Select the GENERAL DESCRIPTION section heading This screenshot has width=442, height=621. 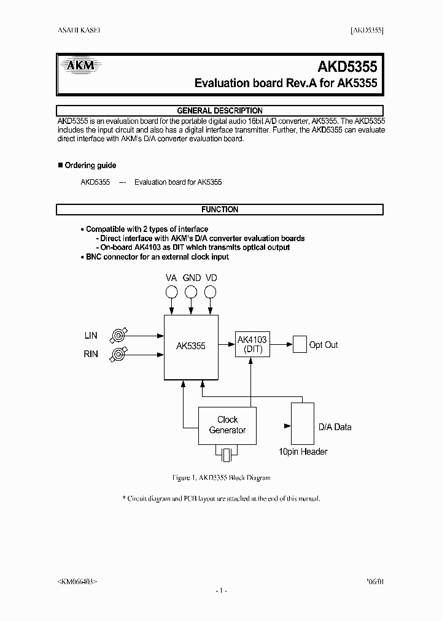[x=220, y=110]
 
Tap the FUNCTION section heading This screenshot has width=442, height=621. [x=220, y=209]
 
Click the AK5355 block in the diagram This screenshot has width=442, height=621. [x=191, y=347]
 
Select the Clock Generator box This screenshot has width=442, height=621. [x=227, y=425]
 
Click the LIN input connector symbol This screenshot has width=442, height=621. [x=118, y=335]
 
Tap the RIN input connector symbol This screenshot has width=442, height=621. [x=118, y=354]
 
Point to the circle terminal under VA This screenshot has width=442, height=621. [x=172, y=292]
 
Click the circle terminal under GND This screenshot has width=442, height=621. [x=192, y=292]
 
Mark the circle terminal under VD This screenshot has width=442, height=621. [x=211, y=292]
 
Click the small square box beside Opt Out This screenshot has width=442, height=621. [x=299, y=345]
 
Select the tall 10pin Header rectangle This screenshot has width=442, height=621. [x=302, y=423]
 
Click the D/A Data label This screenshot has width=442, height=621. [x=335, y=426]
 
